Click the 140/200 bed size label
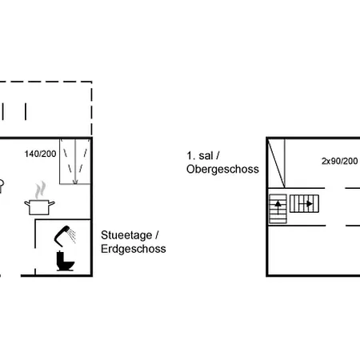coord(40,154)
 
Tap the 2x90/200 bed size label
coord(339,161)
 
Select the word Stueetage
coord(126,235)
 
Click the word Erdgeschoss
coord(134,249)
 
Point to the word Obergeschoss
coord(222,169)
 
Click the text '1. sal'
coord(200,156)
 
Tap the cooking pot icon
coord(39,207)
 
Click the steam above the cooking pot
coord(40,190)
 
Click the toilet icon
coord(65,261)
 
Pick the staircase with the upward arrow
coord(278,209)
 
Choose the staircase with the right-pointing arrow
coord(304,204)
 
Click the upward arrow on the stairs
coord(278,207)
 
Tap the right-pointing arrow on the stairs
coord(306,204)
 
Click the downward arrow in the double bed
coord(75,162)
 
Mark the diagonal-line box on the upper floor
coord(277,163)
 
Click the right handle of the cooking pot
coord(52,204)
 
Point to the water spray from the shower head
coord(72,235)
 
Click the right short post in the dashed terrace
coord(26,112)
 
